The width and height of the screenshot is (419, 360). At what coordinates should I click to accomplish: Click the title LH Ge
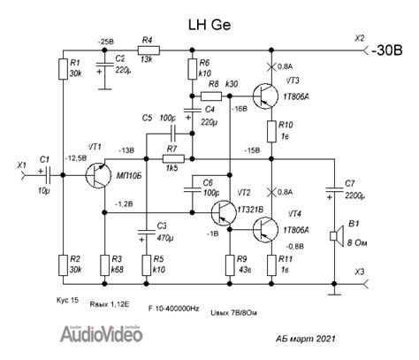(209, 21)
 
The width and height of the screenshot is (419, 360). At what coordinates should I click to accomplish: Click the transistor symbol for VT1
(98, 175)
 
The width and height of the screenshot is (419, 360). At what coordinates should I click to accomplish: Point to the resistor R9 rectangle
(230, 263)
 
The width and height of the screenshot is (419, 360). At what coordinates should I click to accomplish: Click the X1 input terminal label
(21, 165)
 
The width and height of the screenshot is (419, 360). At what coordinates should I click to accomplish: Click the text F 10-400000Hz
(167, 309)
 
